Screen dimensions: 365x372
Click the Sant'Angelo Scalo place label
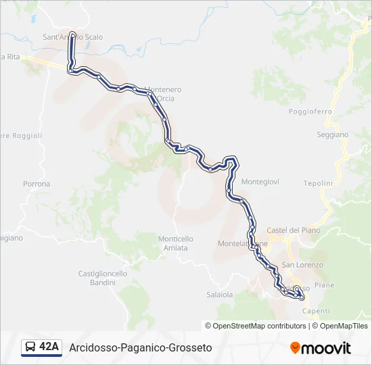point(72,37)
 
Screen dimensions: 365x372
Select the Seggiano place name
point(332,135)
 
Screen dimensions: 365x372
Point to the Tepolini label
point(318,183)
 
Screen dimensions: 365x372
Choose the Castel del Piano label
point(293,230)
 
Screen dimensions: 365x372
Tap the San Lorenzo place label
point(302,265)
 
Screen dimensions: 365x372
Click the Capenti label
point(316,311)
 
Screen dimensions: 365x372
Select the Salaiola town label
point(219,295)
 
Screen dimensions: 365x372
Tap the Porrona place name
point(37,184)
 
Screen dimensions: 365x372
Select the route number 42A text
point(49,347)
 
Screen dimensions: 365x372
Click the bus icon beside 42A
point(30,347)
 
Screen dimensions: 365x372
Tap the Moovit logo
point(321,347)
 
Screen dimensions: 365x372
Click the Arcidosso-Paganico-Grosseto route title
point(141,347)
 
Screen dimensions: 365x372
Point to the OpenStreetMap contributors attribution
point(256,326)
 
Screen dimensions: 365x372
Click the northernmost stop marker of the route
point(72,33)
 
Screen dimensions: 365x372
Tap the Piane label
point(324,285)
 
